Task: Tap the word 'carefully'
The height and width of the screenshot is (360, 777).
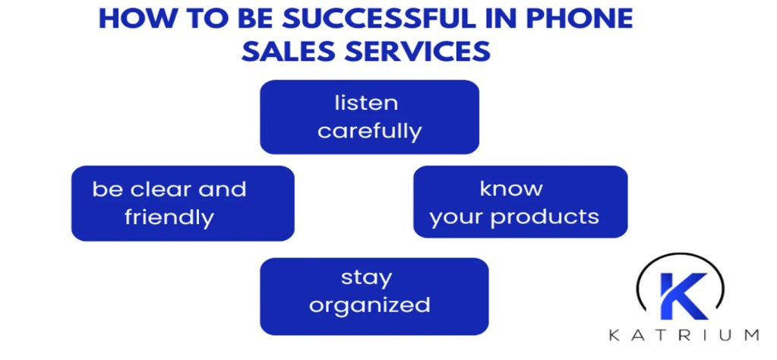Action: coord(370,131)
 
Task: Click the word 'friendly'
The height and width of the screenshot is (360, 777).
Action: coord(169,217)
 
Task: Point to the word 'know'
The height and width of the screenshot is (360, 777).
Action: coord(510,188)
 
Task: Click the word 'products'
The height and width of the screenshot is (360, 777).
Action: coord(545,217)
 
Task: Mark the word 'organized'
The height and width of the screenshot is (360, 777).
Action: coord(370,305)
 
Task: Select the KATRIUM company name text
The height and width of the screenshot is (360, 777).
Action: coord(684,334)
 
